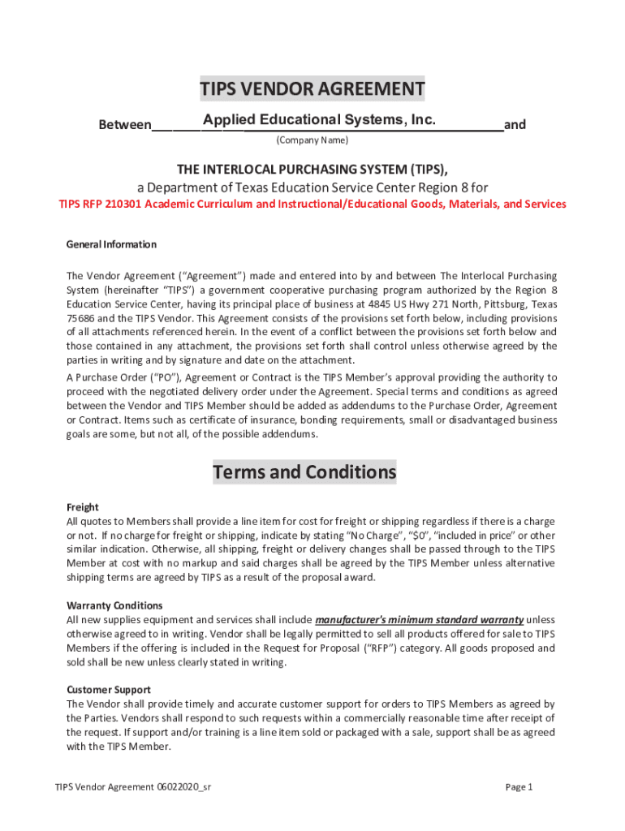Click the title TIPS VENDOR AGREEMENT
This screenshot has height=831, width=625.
(x=312, y=88)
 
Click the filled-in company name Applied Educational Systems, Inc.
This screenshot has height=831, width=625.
(x=320, y=121)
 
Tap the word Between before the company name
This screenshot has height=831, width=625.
(x=124, y=125)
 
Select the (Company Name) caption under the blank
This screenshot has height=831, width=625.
(x=312, y=140)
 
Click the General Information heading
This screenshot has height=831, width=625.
(x=111, y=244)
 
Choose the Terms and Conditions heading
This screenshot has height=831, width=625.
(x=304, y=471)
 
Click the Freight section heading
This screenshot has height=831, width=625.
(x=82, y=507)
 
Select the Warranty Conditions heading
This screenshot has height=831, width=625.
(x=114, y=605)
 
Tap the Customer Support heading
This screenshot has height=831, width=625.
(x=108, y=690)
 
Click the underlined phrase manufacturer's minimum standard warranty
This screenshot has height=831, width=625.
(x=419, y=619)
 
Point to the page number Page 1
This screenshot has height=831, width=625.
(x=519, y=786)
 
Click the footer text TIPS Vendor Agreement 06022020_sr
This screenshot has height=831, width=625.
(x=134, y=786)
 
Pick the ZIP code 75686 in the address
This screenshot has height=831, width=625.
(x=80, y=319)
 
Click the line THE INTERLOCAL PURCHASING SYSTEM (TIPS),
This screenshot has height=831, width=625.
(x=312, y=169)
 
